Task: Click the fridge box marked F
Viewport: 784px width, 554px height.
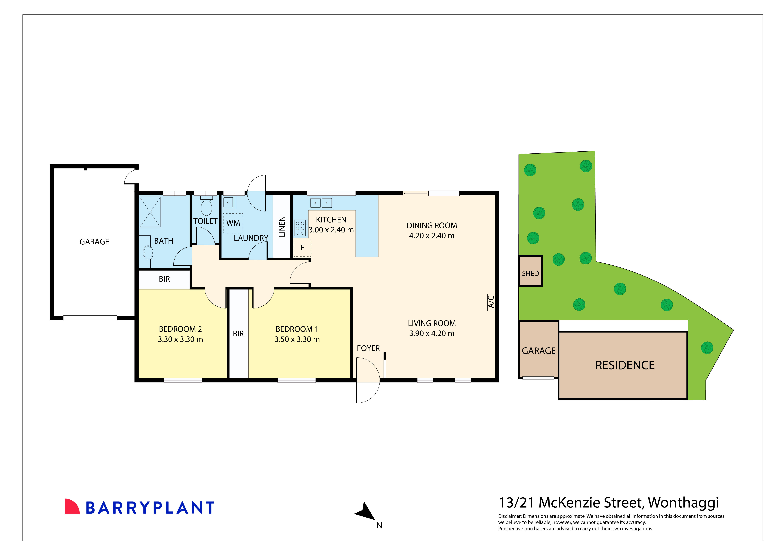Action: point(302,248)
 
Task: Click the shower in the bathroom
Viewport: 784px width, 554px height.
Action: point(150,212)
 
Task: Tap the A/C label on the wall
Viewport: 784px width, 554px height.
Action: point(491,302)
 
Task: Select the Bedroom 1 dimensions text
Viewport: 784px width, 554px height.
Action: point(297,339)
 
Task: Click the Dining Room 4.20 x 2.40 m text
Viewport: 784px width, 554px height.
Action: point(432,236)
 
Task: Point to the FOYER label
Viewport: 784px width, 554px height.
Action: point(368,348)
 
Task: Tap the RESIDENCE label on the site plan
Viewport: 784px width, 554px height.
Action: point(625,365)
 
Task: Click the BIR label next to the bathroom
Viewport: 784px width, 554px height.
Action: point(164,279)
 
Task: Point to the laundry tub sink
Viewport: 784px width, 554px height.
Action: point(228,202)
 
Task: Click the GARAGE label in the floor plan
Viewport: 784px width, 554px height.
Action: point(94,242)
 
